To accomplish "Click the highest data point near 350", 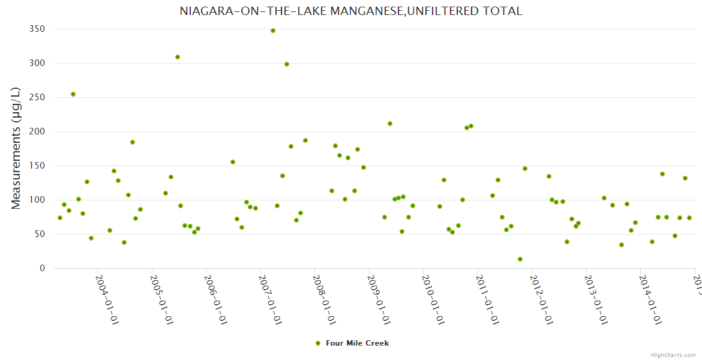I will [273, 31].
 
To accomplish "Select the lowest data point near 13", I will [520, 259].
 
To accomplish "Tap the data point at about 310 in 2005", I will [178, 57].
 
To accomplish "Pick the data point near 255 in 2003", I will [73, 94].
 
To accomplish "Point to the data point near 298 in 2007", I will [287, 64].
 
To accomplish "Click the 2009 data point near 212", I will [390, 124].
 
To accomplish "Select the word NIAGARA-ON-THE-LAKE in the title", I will [240, 11].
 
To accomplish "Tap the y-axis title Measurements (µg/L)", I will [16, 148].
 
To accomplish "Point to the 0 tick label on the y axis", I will [42, 268].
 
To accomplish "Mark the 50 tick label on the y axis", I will [40, 234].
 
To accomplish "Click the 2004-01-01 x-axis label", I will [107, 299].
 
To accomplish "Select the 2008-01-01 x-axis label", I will [324, 299].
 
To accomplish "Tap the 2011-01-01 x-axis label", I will [487, 299].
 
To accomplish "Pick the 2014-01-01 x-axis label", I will [650, 299].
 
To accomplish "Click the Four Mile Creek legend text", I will [357, 343].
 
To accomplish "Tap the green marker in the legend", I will [318, 343].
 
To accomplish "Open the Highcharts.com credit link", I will [674, 355].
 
